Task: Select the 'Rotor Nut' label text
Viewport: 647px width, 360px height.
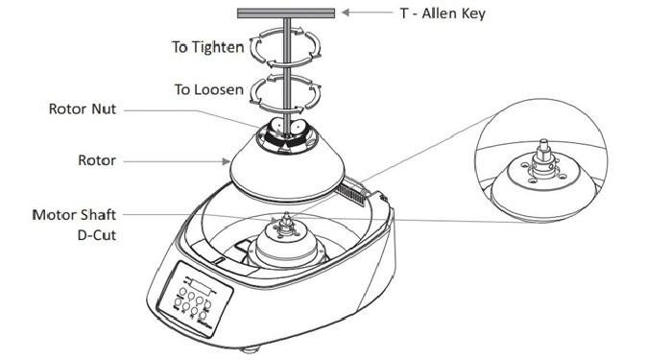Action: [84, 110]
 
